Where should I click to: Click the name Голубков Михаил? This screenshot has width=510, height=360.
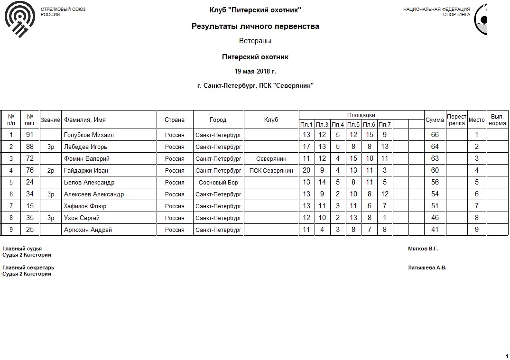click(x=89, y=135)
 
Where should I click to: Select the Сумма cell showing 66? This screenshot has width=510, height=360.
click(x=435, y=135)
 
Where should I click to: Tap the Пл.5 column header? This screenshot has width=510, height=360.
click(x=353, y=125)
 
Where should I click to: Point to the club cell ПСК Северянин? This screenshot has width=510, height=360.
click(x=271, y=171)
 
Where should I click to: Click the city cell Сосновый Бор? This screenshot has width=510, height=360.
click(x=218, y=183)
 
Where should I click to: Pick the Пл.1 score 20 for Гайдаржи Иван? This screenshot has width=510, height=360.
click(x=306, y=171)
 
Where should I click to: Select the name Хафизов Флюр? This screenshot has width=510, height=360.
click(x=85, y=206)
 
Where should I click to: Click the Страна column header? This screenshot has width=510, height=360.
click(x=175, y=120)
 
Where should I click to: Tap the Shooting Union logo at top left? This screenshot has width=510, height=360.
click(x=19, y=21)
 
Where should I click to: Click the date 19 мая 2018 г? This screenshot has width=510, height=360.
click(x=255, y=72)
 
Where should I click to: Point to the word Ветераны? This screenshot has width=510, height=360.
click(x=255, y=41)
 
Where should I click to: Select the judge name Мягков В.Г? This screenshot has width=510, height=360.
click(x=423, y=249)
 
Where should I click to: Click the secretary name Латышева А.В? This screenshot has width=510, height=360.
click(x=427, y=268)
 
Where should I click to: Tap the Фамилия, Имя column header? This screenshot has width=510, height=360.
click(x=84, y=120)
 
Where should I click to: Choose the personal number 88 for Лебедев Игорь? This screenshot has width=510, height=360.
click(x=30, y=147)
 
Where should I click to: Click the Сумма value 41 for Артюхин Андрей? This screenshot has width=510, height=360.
click(x=435, y=230)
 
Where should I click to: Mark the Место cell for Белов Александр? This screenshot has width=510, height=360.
click(x=477, y=183)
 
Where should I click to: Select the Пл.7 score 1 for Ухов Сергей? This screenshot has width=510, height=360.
click(x=385, y=218)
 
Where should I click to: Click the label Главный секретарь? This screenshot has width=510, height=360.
click(x=28, y=268)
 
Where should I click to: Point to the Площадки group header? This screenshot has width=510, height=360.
click(x=361, y=115)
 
